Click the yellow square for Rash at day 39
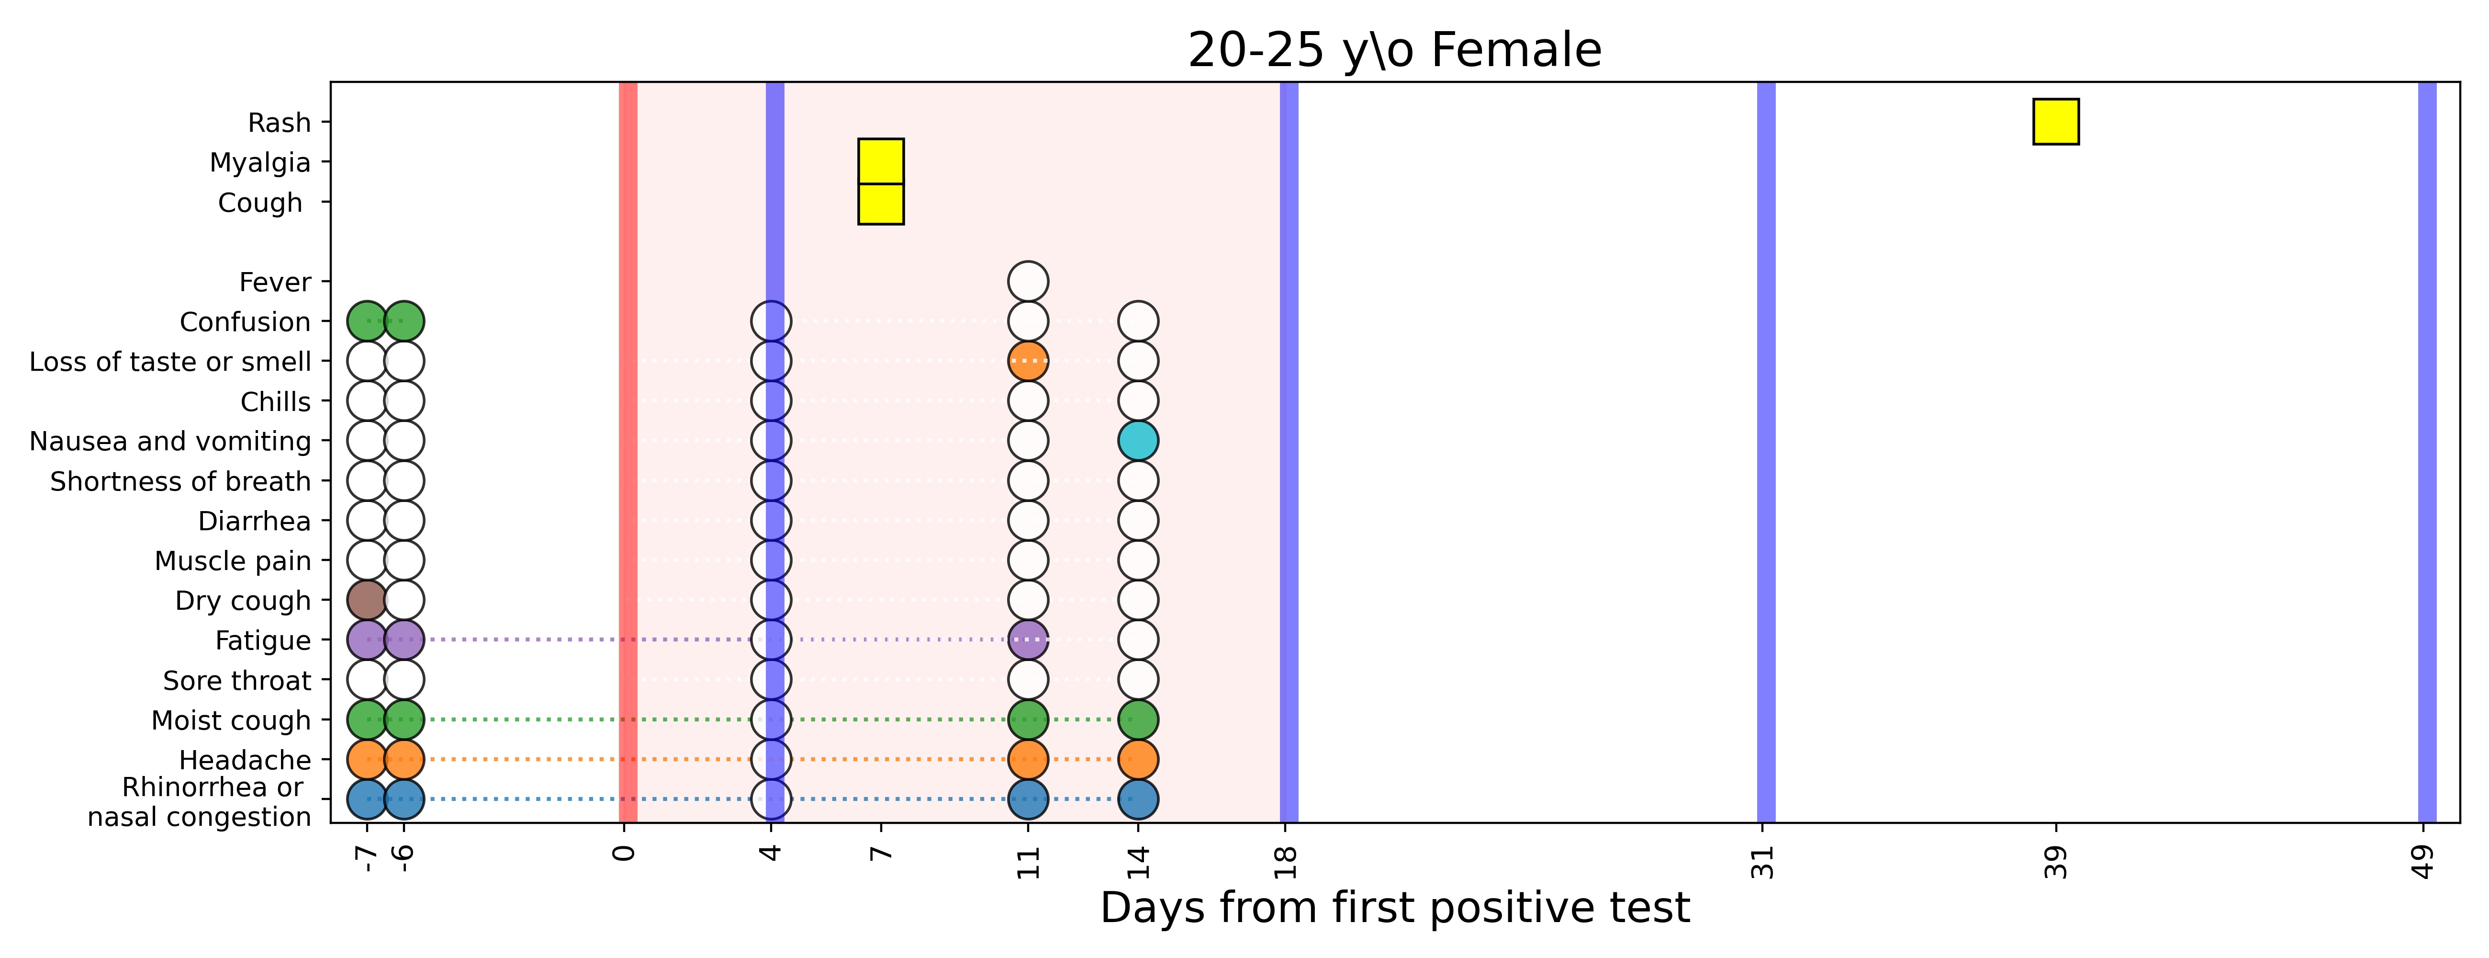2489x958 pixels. [2055, 122]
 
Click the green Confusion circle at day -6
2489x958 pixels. [404, 321]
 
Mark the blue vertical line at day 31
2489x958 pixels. [1765, 455]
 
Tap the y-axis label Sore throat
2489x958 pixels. [237, 681]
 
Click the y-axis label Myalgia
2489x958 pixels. [260, 162]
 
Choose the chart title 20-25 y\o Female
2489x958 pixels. [1394, 50]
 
